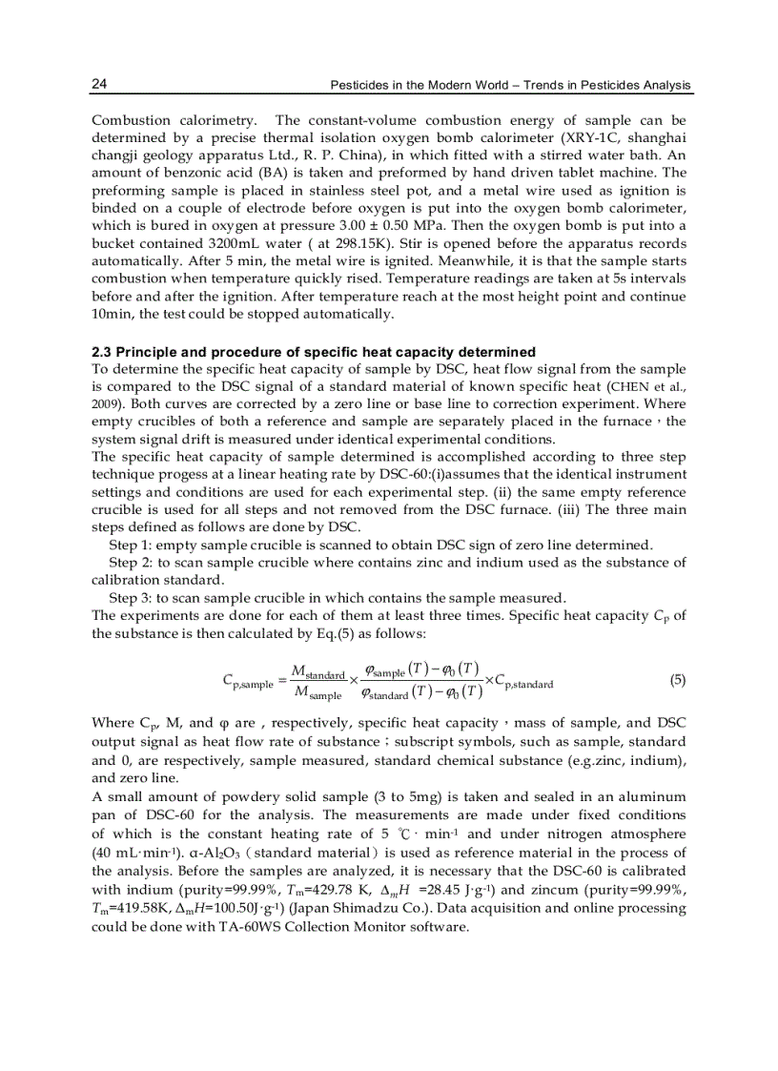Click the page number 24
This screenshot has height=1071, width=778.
[x=99, y=85]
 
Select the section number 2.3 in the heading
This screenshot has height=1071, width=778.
[x=102, y=351]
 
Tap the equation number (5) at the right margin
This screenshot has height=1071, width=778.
[x=677, y=680]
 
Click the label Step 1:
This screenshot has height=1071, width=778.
[x=131, y=545]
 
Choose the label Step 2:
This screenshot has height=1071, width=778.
[x=131, y=562]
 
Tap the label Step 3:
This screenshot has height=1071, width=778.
[x=131, y=598]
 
